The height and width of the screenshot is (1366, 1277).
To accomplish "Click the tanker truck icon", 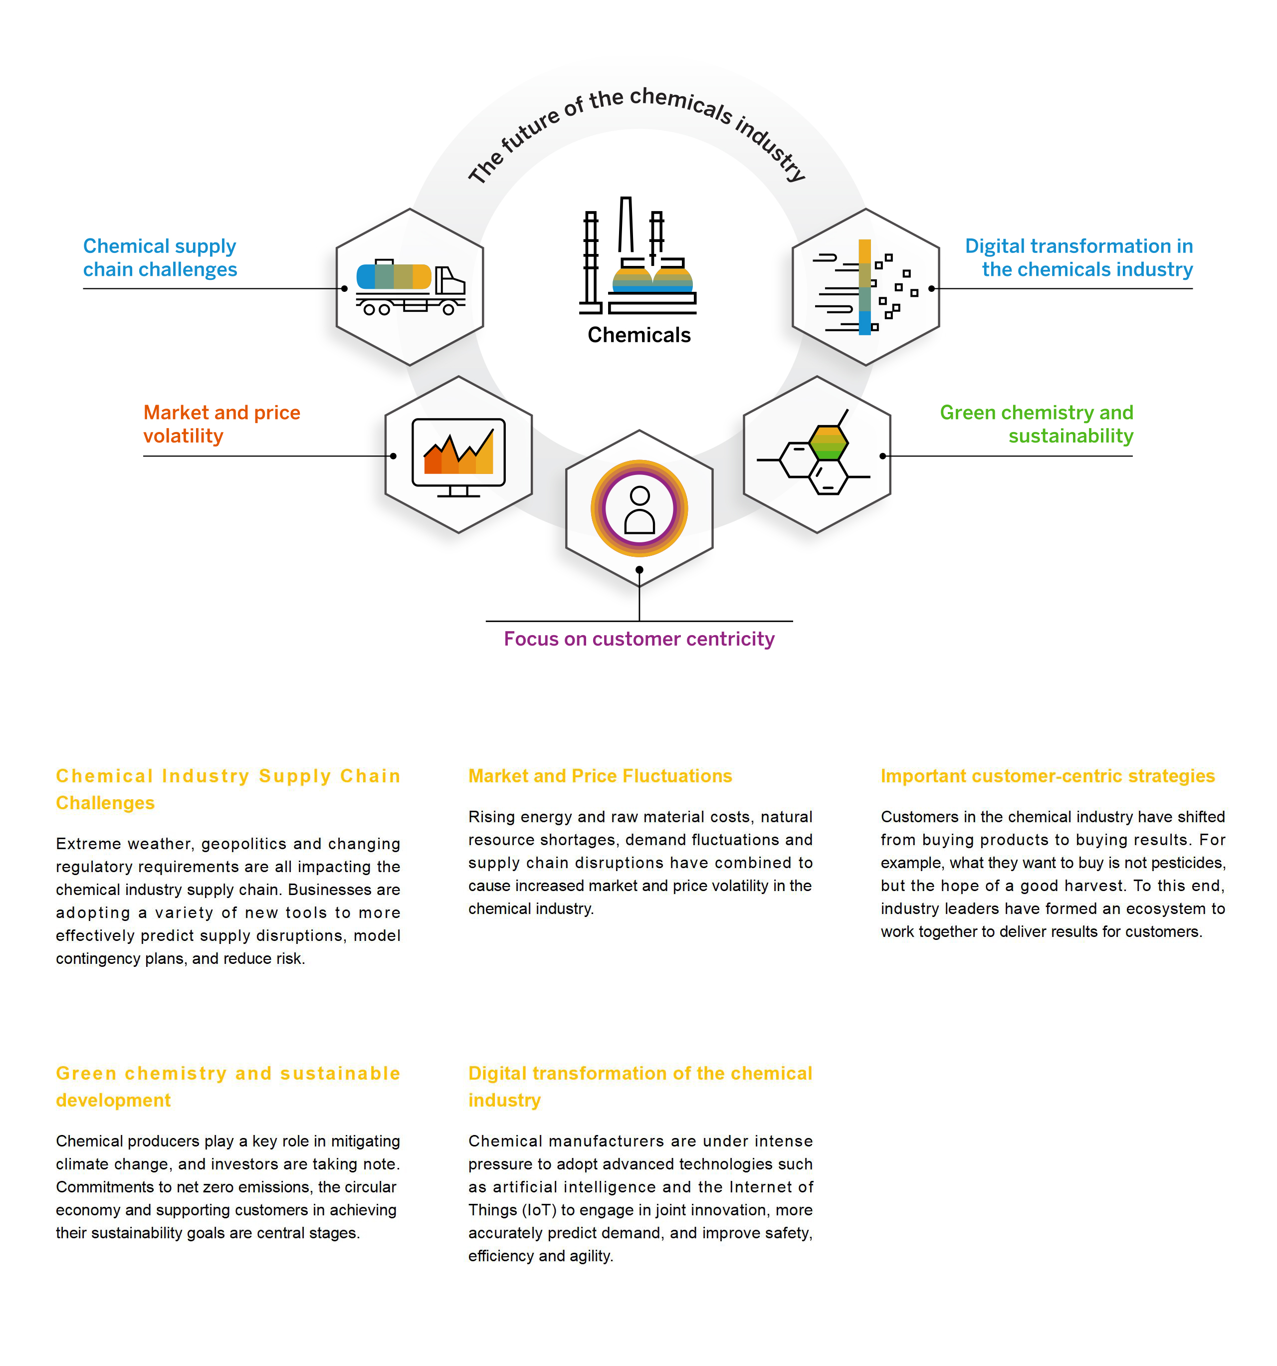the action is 410,288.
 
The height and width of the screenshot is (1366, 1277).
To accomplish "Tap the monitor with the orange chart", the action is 458,457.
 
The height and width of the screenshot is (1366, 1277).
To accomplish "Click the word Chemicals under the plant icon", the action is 639,335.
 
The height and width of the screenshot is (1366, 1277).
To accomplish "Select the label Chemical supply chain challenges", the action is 160,257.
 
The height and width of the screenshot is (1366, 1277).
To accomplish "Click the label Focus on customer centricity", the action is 639,639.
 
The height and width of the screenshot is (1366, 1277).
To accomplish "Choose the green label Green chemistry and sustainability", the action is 1037,424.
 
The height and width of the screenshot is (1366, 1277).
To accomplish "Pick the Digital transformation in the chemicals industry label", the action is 1078,257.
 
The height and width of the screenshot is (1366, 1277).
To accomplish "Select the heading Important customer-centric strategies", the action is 1048,776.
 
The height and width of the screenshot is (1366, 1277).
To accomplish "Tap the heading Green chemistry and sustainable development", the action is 228,1086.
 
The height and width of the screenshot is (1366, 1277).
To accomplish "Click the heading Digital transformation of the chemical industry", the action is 640,1086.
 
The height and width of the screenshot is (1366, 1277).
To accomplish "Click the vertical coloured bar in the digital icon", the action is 865,287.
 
